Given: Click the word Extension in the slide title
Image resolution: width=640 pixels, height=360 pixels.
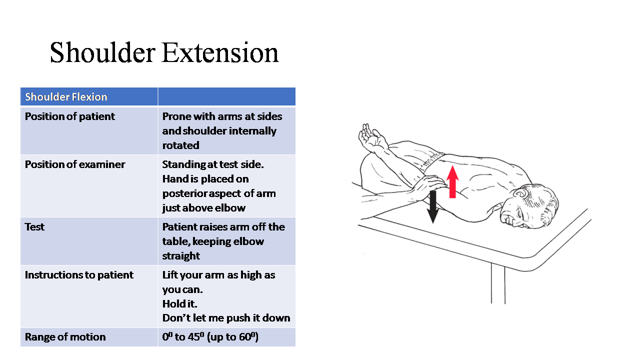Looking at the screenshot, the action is (220, 52).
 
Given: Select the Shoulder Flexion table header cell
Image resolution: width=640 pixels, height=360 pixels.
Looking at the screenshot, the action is (89, 96).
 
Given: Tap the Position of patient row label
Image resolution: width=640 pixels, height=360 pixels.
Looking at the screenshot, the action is (69, 116).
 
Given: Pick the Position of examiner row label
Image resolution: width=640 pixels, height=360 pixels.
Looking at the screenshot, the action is (75, 164).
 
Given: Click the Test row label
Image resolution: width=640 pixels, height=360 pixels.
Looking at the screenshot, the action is (34, 227).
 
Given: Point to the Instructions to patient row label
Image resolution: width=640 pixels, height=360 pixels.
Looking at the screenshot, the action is (79, 275).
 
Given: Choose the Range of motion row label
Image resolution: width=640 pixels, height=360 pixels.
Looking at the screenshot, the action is (65, 337).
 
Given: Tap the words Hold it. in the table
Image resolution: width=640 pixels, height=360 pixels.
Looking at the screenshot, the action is (179, 303).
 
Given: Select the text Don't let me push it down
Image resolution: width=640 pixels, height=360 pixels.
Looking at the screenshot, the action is (226, 318).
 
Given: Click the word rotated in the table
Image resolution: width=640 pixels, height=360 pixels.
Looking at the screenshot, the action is (181, 145).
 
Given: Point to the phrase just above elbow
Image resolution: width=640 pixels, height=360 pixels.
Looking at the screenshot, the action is (203, 208).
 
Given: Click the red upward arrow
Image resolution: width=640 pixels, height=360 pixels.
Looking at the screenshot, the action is (452, 181).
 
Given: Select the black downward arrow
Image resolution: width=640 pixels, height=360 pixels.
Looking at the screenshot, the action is (433, 207).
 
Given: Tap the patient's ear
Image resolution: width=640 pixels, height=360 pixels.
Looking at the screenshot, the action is (521, 193).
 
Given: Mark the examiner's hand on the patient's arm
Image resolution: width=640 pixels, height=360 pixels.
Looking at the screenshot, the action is (428, 185).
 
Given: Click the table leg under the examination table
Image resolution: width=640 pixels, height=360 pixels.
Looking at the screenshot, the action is (498, 283).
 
